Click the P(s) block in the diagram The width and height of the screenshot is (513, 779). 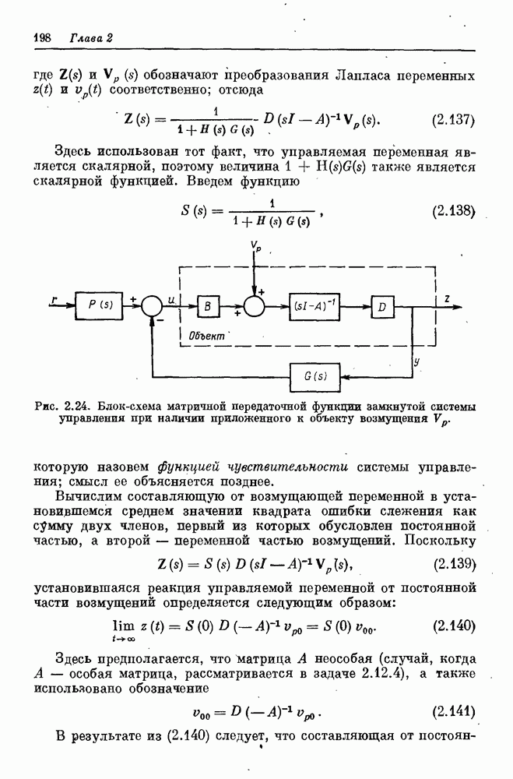tap(100, 305)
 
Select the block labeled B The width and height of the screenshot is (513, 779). tap(208, 307)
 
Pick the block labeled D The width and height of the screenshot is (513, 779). tap(382, 307)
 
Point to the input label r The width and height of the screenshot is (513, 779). tap(52, 299)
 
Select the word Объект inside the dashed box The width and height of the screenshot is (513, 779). tap(206, 335)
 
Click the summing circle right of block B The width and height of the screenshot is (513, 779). tap(255, 306)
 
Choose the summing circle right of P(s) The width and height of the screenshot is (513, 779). tap(154, 306)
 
